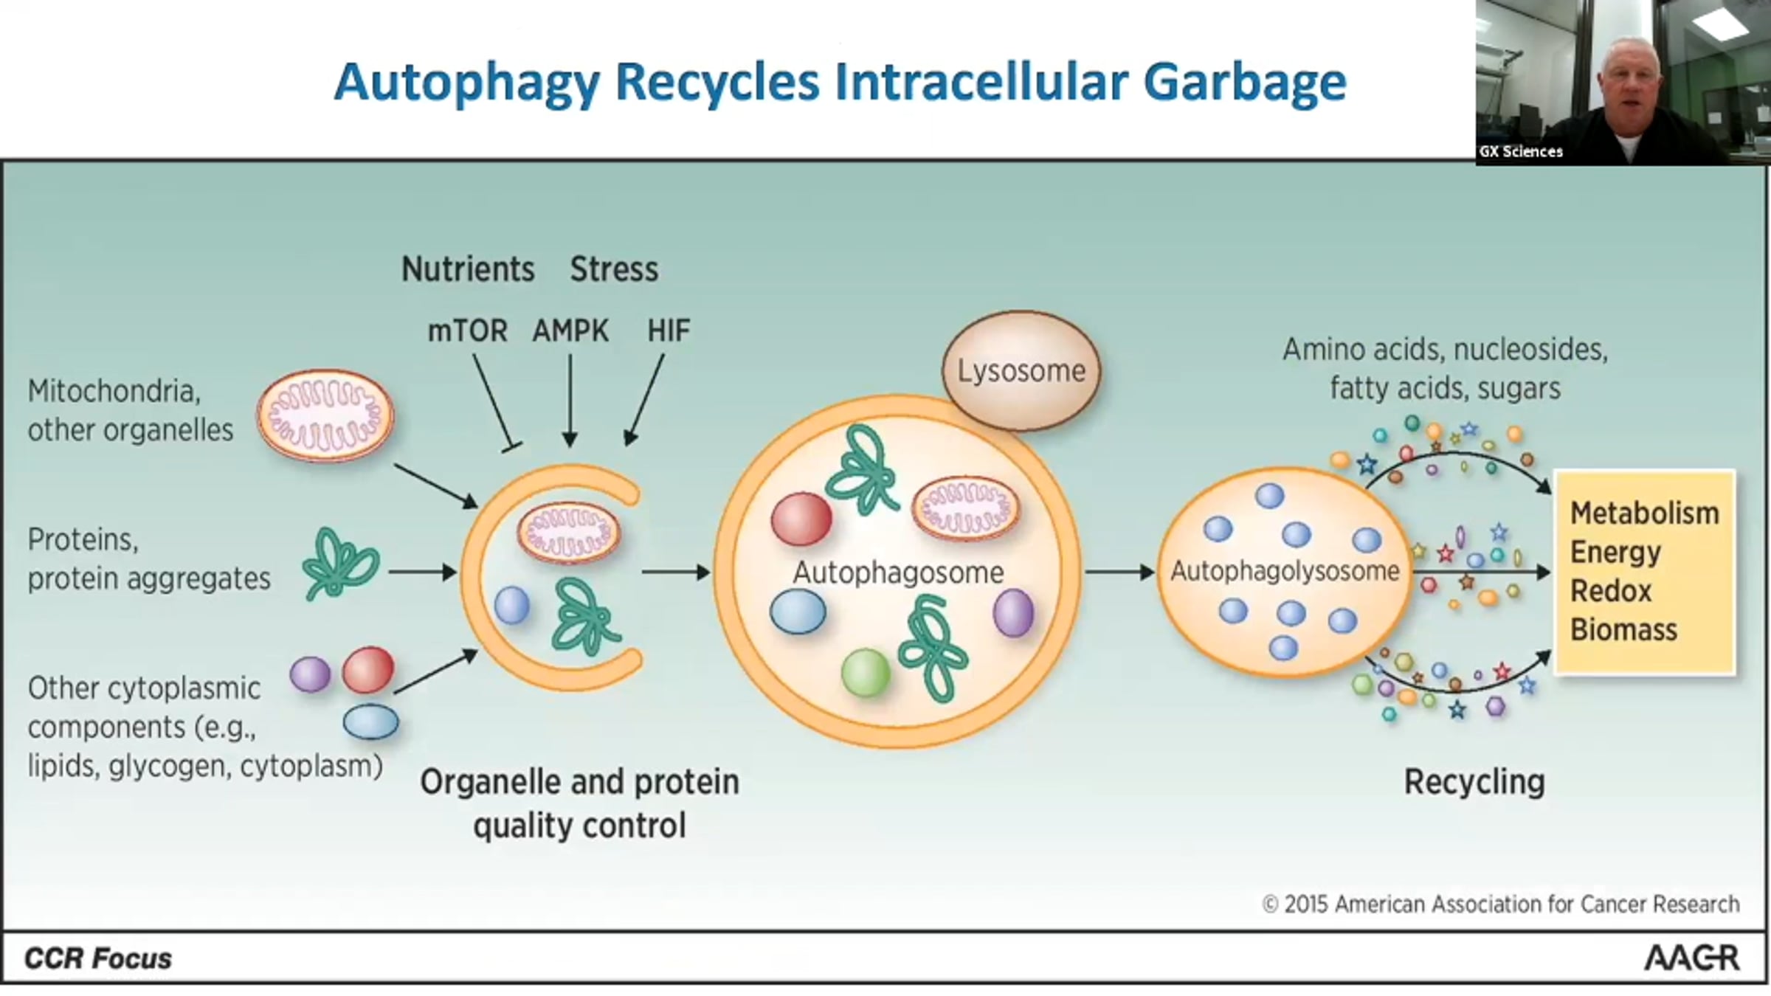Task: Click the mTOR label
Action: coord(467,331)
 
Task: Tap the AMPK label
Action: coord(570,331)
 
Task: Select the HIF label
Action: coord(669,331)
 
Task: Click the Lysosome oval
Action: coord(1021,371)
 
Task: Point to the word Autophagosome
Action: coord(898,573)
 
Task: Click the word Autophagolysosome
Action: coord(1285,571)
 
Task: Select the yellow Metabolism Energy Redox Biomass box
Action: coord(1645,572)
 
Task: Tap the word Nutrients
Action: coord(468,269)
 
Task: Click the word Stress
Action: coord(614,269)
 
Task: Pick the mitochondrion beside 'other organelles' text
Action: coord(325,416)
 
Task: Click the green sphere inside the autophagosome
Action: coord(866,672)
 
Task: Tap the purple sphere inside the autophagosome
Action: coord(1013,612)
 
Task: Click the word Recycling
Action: coord(1474,782)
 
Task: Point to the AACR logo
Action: coord(1691,958)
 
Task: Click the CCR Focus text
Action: coord(98,958)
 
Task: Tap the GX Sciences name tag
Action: coord(1521,152)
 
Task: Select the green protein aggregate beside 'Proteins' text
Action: coord(340,563)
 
